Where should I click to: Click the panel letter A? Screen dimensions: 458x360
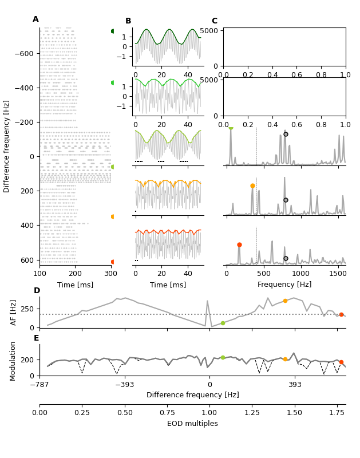35,19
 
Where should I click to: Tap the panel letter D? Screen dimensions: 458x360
37,291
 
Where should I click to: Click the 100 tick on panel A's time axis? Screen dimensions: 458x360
39,274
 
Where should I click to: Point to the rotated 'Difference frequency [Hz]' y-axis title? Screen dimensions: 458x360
7,146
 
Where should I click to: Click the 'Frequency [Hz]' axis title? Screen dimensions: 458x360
284,285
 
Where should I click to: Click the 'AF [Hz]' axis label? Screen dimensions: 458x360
14,312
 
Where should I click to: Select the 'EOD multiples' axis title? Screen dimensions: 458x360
192,424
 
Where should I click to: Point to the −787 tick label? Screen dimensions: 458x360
39,385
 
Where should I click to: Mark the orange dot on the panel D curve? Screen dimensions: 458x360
285,301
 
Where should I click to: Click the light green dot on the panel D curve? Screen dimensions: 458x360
223,323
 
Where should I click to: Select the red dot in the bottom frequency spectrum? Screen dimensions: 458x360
239,244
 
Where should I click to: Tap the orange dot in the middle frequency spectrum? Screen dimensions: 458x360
252,185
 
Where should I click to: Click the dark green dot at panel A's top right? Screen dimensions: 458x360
113,31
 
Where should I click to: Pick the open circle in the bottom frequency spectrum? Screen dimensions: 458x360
286,258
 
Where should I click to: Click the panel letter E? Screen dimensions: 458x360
37,338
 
